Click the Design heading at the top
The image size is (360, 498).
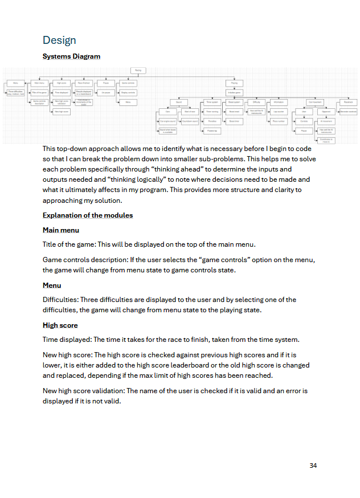59,40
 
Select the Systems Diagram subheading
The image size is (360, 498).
71,56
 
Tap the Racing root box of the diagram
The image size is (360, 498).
138,71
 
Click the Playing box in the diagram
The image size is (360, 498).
234,83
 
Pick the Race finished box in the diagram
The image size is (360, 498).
84,83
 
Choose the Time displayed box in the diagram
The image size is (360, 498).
62,92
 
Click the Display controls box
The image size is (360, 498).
128,92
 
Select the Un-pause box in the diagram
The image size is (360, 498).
105,92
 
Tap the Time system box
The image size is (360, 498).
212,102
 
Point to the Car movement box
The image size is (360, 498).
314,102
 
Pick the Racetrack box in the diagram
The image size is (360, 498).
348,102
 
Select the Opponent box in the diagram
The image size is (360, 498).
326,112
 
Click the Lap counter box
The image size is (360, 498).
279,112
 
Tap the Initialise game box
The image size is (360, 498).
234,92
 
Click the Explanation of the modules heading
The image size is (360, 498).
88,215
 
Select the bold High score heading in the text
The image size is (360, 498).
60,325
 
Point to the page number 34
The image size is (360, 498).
313,466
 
